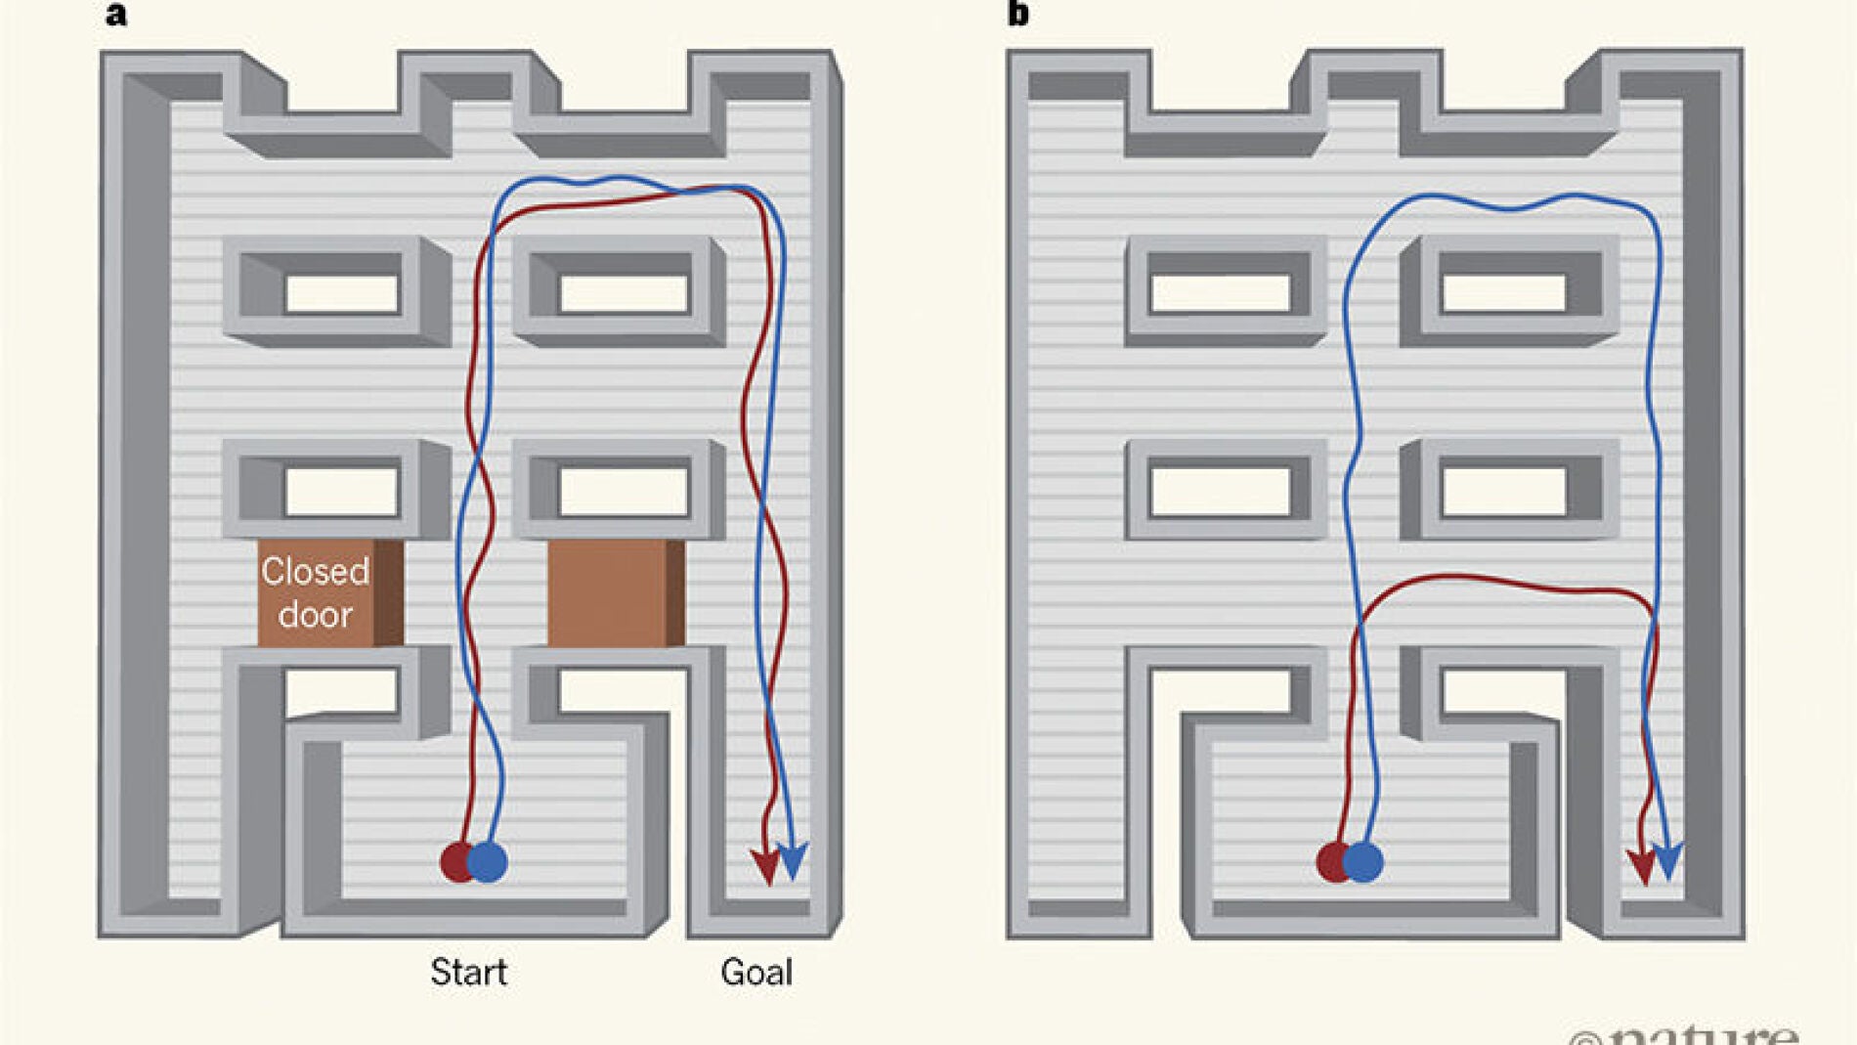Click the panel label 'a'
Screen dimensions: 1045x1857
click(115, 15)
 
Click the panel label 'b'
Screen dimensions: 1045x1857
click(1017, 14)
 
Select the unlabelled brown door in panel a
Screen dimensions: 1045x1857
click(614, 592)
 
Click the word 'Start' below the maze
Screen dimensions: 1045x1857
click(468, 972)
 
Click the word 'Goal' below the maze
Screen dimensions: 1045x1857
click(756, 972)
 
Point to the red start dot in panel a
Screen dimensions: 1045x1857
click(455, 861)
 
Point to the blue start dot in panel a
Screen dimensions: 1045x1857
click(489, 861)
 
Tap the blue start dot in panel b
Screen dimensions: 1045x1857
click(1364, 861)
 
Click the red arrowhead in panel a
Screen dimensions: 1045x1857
click(765, 865)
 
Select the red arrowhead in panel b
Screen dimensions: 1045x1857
click(1641, 865)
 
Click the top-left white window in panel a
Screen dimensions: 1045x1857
click(341, 292)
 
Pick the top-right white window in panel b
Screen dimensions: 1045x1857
click(1503, 292)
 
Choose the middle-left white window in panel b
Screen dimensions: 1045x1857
click(1220, 491)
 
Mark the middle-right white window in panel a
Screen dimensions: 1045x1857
click(624, 491)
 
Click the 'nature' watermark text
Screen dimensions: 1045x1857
click(1701, 1034)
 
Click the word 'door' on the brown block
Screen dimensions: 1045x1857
click(315, 615)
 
